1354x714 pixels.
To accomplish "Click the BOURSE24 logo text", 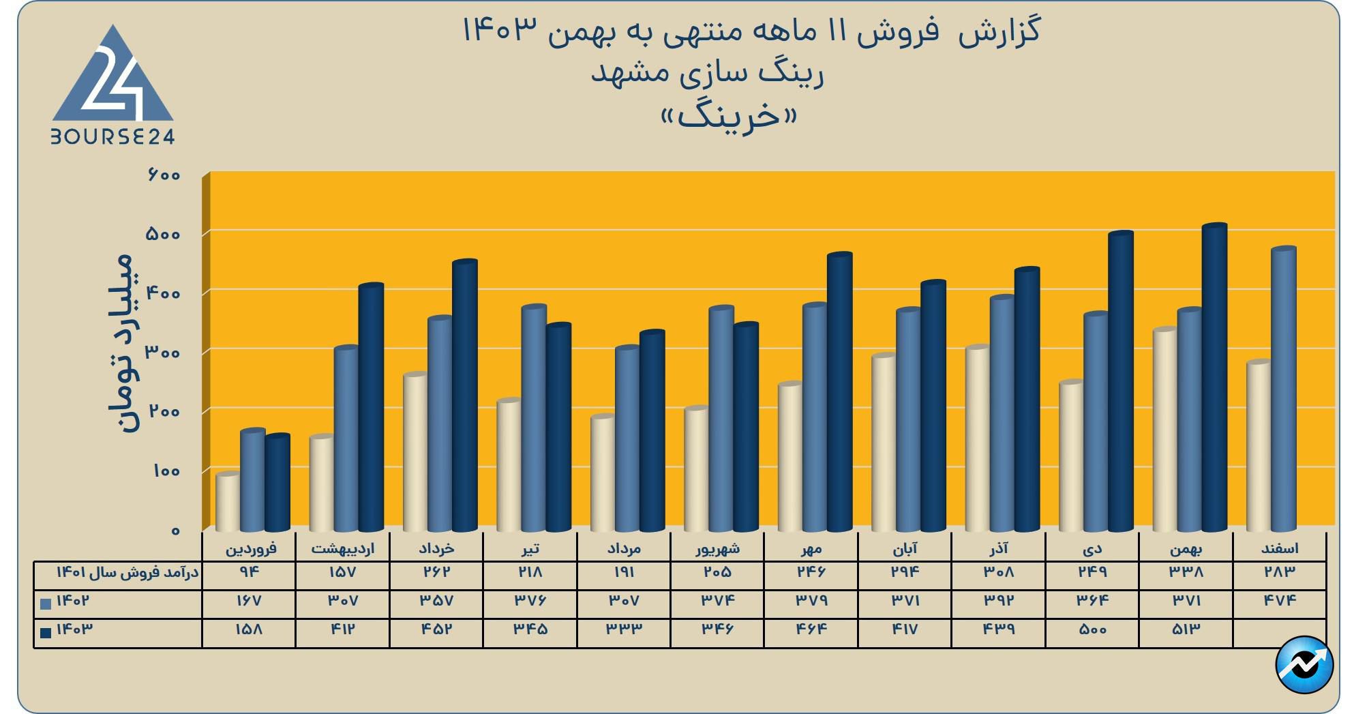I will (112, 137).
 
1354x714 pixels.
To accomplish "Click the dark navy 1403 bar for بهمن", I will (1214, 378).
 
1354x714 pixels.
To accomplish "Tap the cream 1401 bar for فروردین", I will (228, 502).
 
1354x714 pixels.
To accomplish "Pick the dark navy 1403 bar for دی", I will (1120, 382).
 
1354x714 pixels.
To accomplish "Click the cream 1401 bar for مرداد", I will (603, 473).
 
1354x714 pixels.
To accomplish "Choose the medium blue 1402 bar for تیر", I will (534, 418).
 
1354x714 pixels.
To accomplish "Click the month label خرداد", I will (436, 548).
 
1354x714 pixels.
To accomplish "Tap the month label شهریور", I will (717, 548).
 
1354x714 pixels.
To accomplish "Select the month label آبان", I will (905, 548).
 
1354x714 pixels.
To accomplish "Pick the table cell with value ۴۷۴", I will (1279, 601).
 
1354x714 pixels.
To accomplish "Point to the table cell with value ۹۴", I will (248, 572).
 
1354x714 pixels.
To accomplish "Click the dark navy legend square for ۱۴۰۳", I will (46, 633).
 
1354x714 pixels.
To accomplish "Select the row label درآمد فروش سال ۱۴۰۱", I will (127, 573).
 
